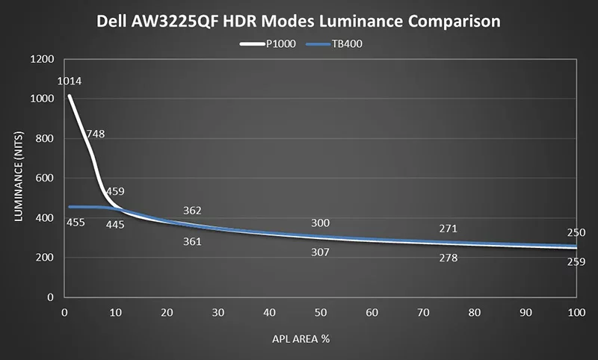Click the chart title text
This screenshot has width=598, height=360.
point(299,21)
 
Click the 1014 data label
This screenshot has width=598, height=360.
point(68,81)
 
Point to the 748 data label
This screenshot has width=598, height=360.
point(96,134)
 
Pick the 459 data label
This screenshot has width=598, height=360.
point(114,191)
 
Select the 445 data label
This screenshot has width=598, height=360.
point(114,225)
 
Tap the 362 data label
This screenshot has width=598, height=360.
point(192,211)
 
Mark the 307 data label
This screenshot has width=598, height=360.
point(321,252)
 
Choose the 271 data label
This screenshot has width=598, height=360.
point(449,229)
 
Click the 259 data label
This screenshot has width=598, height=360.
point(576,262)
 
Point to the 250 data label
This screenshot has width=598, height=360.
point(576,233)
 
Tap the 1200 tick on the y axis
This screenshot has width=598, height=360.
point(43,60)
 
